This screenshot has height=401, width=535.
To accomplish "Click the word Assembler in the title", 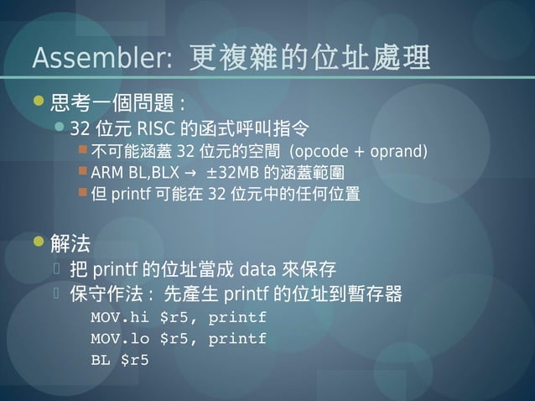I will tap(101, 58).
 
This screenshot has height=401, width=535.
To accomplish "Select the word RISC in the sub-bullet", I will tap(154, 129).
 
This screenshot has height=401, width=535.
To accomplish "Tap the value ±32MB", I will tap(234, 173).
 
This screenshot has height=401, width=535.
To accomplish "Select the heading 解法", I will tap(70, 244).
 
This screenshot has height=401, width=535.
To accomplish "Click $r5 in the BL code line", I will tap(135, 361).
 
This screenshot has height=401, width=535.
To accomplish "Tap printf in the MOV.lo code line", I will tap(237, 339).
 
